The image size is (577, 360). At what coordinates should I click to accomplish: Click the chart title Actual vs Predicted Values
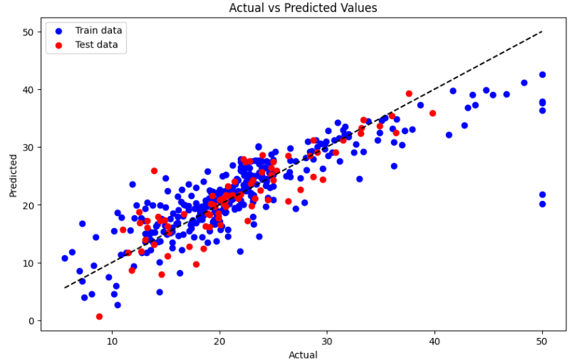click(x=303, y=8)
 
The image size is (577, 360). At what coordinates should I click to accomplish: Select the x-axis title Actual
click(x=303, y=354)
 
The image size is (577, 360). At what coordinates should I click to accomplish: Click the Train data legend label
click(x=98, y=30)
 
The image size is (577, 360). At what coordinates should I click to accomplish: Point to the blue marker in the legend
click(x=58, y=31)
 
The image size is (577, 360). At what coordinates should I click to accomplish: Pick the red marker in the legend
click(x=58, y=45)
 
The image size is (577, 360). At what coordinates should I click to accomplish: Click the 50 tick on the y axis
click(x=27, y=32)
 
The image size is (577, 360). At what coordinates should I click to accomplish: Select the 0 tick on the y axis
click(x=30, y=321)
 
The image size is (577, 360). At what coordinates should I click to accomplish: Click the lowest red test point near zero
click(x=99, y=317)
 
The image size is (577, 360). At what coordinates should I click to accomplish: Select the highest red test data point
click(x=409, y=93)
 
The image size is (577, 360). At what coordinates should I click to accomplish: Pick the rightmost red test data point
click(x=432, y=113)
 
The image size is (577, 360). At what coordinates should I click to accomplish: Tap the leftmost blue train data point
click(x=65, y=258)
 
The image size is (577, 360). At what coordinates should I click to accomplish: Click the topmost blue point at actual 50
click(x=542, y=75)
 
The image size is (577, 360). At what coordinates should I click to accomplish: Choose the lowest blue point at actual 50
click(x=542, y=204)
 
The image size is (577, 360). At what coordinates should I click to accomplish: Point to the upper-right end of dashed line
click(x=542, y=32)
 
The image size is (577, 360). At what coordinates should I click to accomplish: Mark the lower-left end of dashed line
click(x=65, y=287)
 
